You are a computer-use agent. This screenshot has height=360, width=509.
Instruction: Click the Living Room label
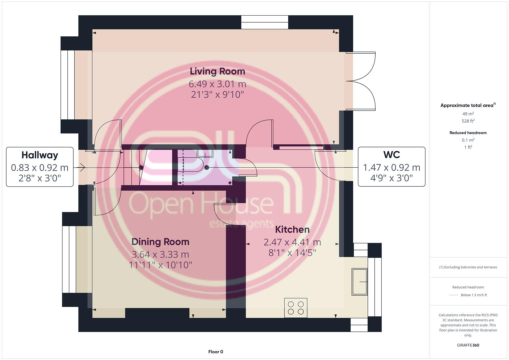pos(217,71)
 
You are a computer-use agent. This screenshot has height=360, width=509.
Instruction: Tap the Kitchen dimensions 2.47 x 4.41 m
pos(292,242)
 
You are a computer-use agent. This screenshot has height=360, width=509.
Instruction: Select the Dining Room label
pos(160,242)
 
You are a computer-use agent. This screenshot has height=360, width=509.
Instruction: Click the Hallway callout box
pos(40,167)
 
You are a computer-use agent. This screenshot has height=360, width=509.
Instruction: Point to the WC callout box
pos(391,167)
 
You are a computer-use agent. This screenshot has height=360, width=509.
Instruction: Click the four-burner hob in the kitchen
pos(296,308)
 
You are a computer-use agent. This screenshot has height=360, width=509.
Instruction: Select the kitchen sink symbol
pos(359,282)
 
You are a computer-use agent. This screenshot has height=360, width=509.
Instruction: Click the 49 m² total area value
pos(468,114)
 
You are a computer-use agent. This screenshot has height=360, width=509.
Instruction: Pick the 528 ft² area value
pos(468,121)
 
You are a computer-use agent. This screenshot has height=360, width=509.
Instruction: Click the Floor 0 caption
pos(216,352)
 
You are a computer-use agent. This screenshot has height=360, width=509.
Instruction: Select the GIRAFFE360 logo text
pos(468,345)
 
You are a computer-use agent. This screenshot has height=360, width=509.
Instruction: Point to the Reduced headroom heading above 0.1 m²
pos(468,133)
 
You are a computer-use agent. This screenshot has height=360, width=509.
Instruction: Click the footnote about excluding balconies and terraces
pos(468,267)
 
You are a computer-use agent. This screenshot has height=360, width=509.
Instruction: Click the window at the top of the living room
pos(265,22)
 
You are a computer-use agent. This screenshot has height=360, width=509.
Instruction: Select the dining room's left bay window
pos(69,259)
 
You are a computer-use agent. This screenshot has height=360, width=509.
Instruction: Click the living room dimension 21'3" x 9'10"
pos(217,95)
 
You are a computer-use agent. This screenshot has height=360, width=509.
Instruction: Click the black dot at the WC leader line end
pos(207,167)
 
